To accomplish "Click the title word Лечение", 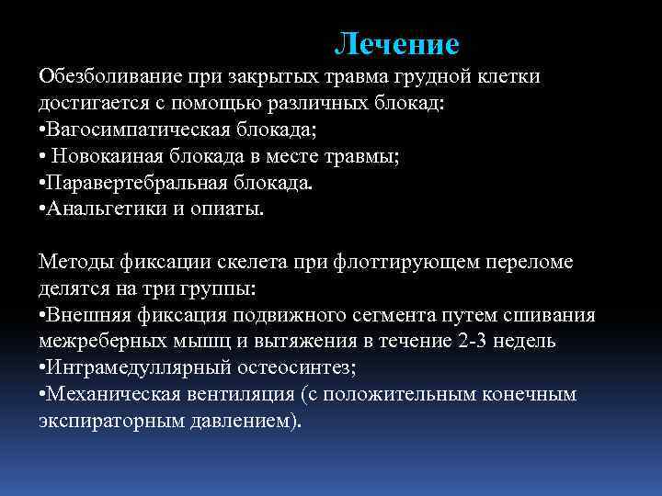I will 396,43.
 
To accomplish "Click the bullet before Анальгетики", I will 42,209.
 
